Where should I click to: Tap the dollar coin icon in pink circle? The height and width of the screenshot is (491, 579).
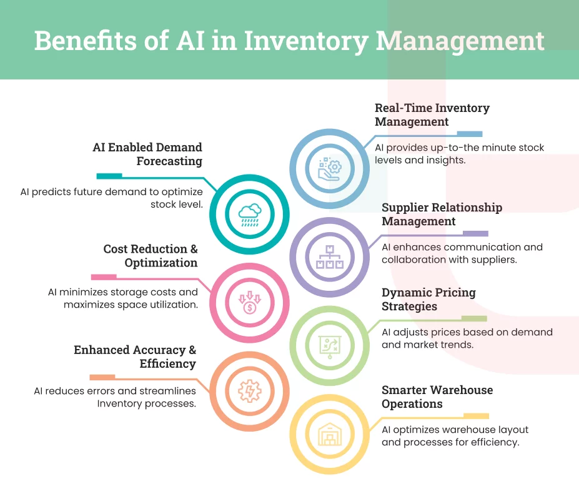(249, 303)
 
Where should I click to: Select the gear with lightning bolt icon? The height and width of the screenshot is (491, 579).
(249, 391)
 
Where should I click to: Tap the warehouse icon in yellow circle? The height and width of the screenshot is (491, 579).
(329, 434)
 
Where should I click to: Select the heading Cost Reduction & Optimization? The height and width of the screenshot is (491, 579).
(151, 256)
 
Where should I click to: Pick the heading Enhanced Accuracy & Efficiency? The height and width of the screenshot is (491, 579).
(135, 357)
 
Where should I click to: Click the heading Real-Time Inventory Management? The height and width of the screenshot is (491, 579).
(432, 114)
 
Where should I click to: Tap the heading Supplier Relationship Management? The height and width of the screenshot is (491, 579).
(442, 214)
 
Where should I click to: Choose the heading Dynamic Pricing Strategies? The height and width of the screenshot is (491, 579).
(428, 299)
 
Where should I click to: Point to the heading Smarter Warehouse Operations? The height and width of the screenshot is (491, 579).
(437, 397)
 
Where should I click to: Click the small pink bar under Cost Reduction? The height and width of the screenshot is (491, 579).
(104, 277)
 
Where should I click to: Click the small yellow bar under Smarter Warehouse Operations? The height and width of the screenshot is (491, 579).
(475, 416)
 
